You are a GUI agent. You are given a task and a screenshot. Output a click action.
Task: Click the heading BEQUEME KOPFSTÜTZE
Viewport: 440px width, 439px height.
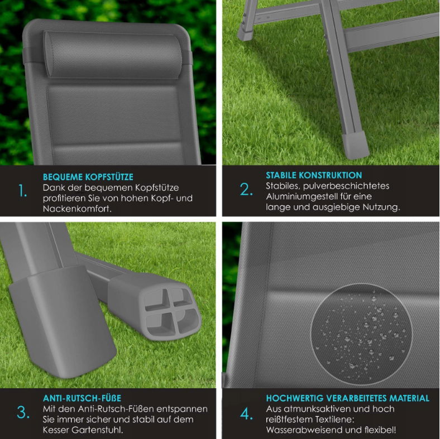click(88, 177)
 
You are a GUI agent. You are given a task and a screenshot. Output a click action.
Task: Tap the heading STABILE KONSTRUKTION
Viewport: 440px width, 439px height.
click(314, 175)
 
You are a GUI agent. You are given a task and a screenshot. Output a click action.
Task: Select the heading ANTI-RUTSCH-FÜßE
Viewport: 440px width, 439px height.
click(82, 398)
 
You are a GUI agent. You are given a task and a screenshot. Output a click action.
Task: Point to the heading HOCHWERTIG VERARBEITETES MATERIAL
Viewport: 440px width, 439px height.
click(348, 398)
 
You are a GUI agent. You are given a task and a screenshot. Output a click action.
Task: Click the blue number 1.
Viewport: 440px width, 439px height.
click(23, 191)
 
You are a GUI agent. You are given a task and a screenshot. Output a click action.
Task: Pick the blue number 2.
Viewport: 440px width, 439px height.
click(246, 189)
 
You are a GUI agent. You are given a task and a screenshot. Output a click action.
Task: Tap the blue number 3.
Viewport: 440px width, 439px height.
click(23, 412)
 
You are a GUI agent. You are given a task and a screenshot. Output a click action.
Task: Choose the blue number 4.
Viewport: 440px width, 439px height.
click(246, 414)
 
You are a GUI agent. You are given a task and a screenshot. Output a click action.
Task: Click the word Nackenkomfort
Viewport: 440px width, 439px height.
click(77, 209)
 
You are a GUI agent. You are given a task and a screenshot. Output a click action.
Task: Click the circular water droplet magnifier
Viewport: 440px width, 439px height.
click(362, 334)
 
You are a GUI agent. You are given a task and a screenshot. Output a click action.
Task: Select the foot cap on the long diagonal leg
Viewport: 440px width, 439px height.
click(355, 144)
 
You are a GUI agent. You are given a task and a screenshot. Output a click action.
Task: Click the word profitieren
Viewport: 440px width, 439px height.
click(64, 199)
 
